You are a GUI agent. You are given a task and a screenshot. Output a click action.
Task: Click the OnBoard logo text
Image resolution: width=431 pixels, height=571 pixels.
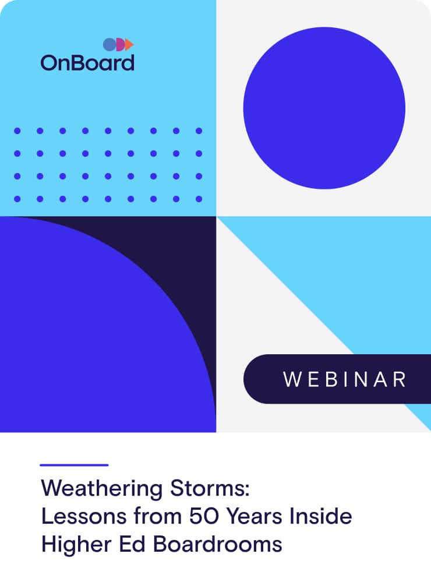coord(87,62)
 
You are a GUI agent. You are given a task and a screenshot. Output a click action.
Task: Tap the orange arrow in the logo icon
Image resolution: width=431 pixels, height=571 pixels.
coord(130,44)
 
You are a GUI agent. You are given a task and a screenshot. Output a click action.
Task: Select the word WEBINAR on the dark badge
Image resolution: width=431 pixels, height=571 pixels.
coord(345,379)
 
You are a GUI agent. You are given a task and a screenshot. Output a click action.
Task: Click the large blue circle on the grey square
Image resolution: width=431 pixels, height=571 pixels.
coord(324,108)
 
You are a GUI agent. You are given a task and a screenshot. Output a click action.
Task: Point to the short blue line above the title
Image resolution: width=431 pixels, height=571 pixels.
coord(74,465)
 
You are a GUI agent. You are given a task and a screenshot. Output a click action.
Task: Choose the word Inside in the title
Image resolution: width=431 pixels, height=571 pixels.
coord(320,516)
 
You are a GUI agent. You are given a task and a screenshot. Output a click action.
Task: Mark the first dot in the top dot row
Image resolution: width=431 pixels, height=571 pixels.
coord(17,131)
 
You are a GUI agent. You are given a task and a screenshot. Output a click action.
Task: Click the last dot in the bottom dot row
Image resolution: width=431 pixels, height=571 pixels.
coord(199,199)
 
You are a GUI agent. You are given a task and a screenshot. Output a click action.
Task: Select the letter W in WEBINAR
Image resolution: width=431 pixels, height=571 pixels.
coord(291,379)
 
